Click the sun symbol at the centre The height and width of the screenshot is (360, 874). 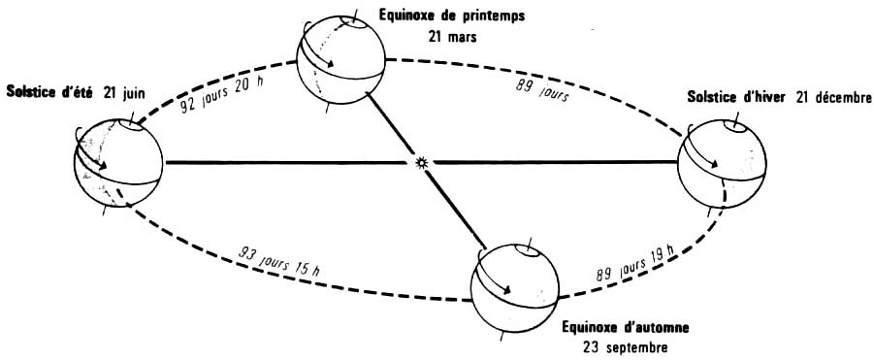click(x=421, y=163)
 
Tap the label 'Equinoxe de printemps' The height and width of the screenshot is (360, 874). click(x=451, y=16)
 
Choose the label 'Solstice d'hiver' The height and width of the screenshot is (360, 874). click(x=735, y=98)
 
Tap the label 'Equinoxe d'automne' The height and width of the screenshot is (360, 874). click(x=626, y=327)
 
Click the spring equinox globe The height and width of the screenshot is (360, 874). click(x=341, y=60)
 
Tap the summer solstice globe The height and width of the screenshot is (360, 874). click(x=117, y=163)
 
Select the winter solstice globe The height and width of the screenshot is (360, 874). click(x=722, y=164)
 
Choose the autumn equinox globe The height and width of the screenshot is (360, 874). click(x=515, y=288)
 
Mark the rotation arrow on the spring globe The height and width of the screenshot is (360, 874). click(x=315, y=49)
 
